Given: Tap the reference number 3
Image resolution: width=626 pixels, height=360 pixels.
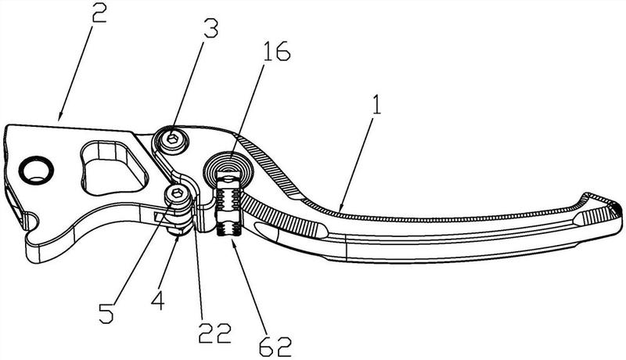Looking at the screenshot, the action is pos(210,28).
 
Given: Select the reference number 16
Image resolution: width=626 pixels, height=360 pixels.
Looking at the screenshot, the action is pos(276,50).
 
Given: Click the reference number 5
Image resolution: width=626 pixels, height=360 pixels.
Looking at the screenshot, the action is pos(106,312).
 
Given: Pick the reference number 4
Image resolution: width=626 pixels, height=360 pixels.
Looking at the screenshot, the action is pos(158,299).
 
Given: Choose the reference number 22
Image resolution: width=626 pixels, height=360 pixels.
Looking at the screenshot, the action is pos(215,333).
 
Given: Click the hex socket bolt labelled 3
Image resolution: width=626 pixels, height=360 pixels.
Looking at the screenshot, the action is pos(172,139).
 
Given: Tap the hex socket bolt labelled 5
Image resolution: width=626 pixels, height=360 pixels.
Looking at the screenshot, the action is pos(177,196).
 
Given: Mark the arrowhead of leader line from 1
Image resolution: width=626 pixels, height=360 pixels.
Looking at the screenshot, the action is pos(340,207).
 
